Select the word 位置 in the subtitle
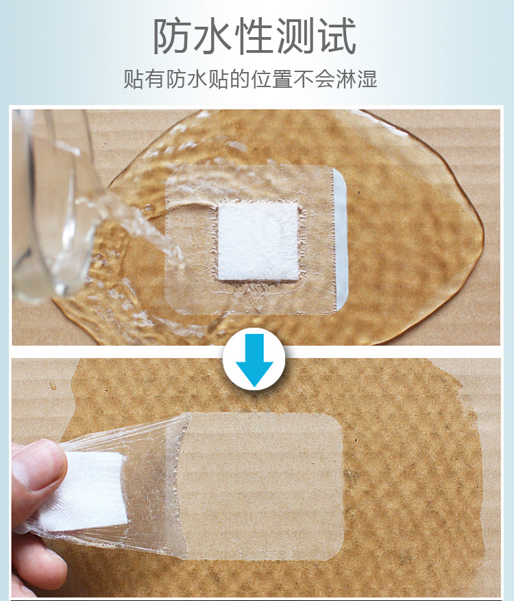click(269, 79)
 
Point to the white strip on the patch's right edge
click(341, 240)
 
